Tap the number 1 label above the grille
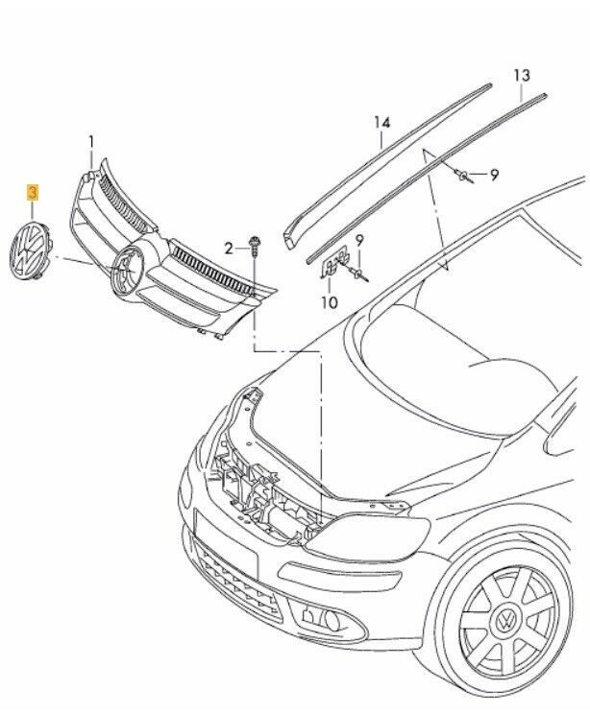coord(92,142)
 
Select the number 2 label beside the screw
coord(230,249)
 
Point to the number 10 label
coord(330,303)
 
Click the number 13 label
coord(521,75)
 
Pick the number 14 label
coord(382,122)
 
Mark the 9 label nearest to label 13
coord(494,175)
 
